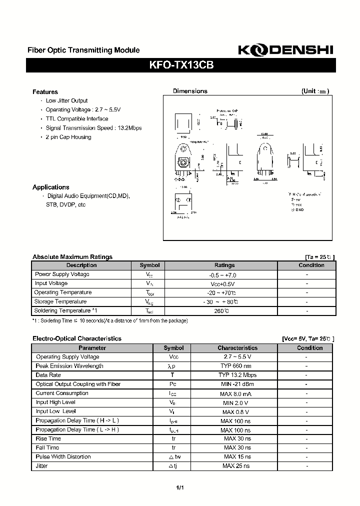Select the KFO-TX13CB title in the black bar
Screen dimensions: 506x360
[181, 65]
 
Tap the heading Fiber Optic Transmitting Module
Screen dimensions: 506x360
[83, 50]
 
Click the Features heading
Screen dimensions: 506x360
[45, 92]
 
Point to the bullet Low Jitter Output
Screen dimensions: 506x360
[66, 101]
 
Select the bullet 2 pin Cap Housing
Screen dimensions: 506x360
[68, 137]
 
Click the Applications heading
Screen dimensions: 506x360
[51, 187]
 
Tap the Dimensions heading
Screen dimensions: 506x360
[190, 91]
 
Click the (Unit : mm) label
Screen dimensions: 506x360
[315, 91]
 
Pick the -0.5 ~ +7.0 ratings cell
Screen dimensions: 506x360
[222, 274]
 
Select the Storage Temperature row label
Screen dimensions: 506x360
[60, 301]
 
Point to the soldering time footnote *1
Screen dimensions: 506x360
[110, 320]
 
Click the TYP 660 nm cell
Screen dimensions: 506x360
[237, 366]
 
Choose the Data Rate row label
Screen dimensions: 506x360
[48, 375]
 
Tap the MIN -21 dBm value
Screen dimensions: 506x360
[237, 384]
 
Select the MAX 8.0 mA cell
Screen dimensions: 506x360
[237, 393]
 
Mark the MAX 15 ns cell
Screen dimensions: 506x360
[237, 456]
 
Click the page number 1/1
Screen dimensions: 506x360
[180, 487]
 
